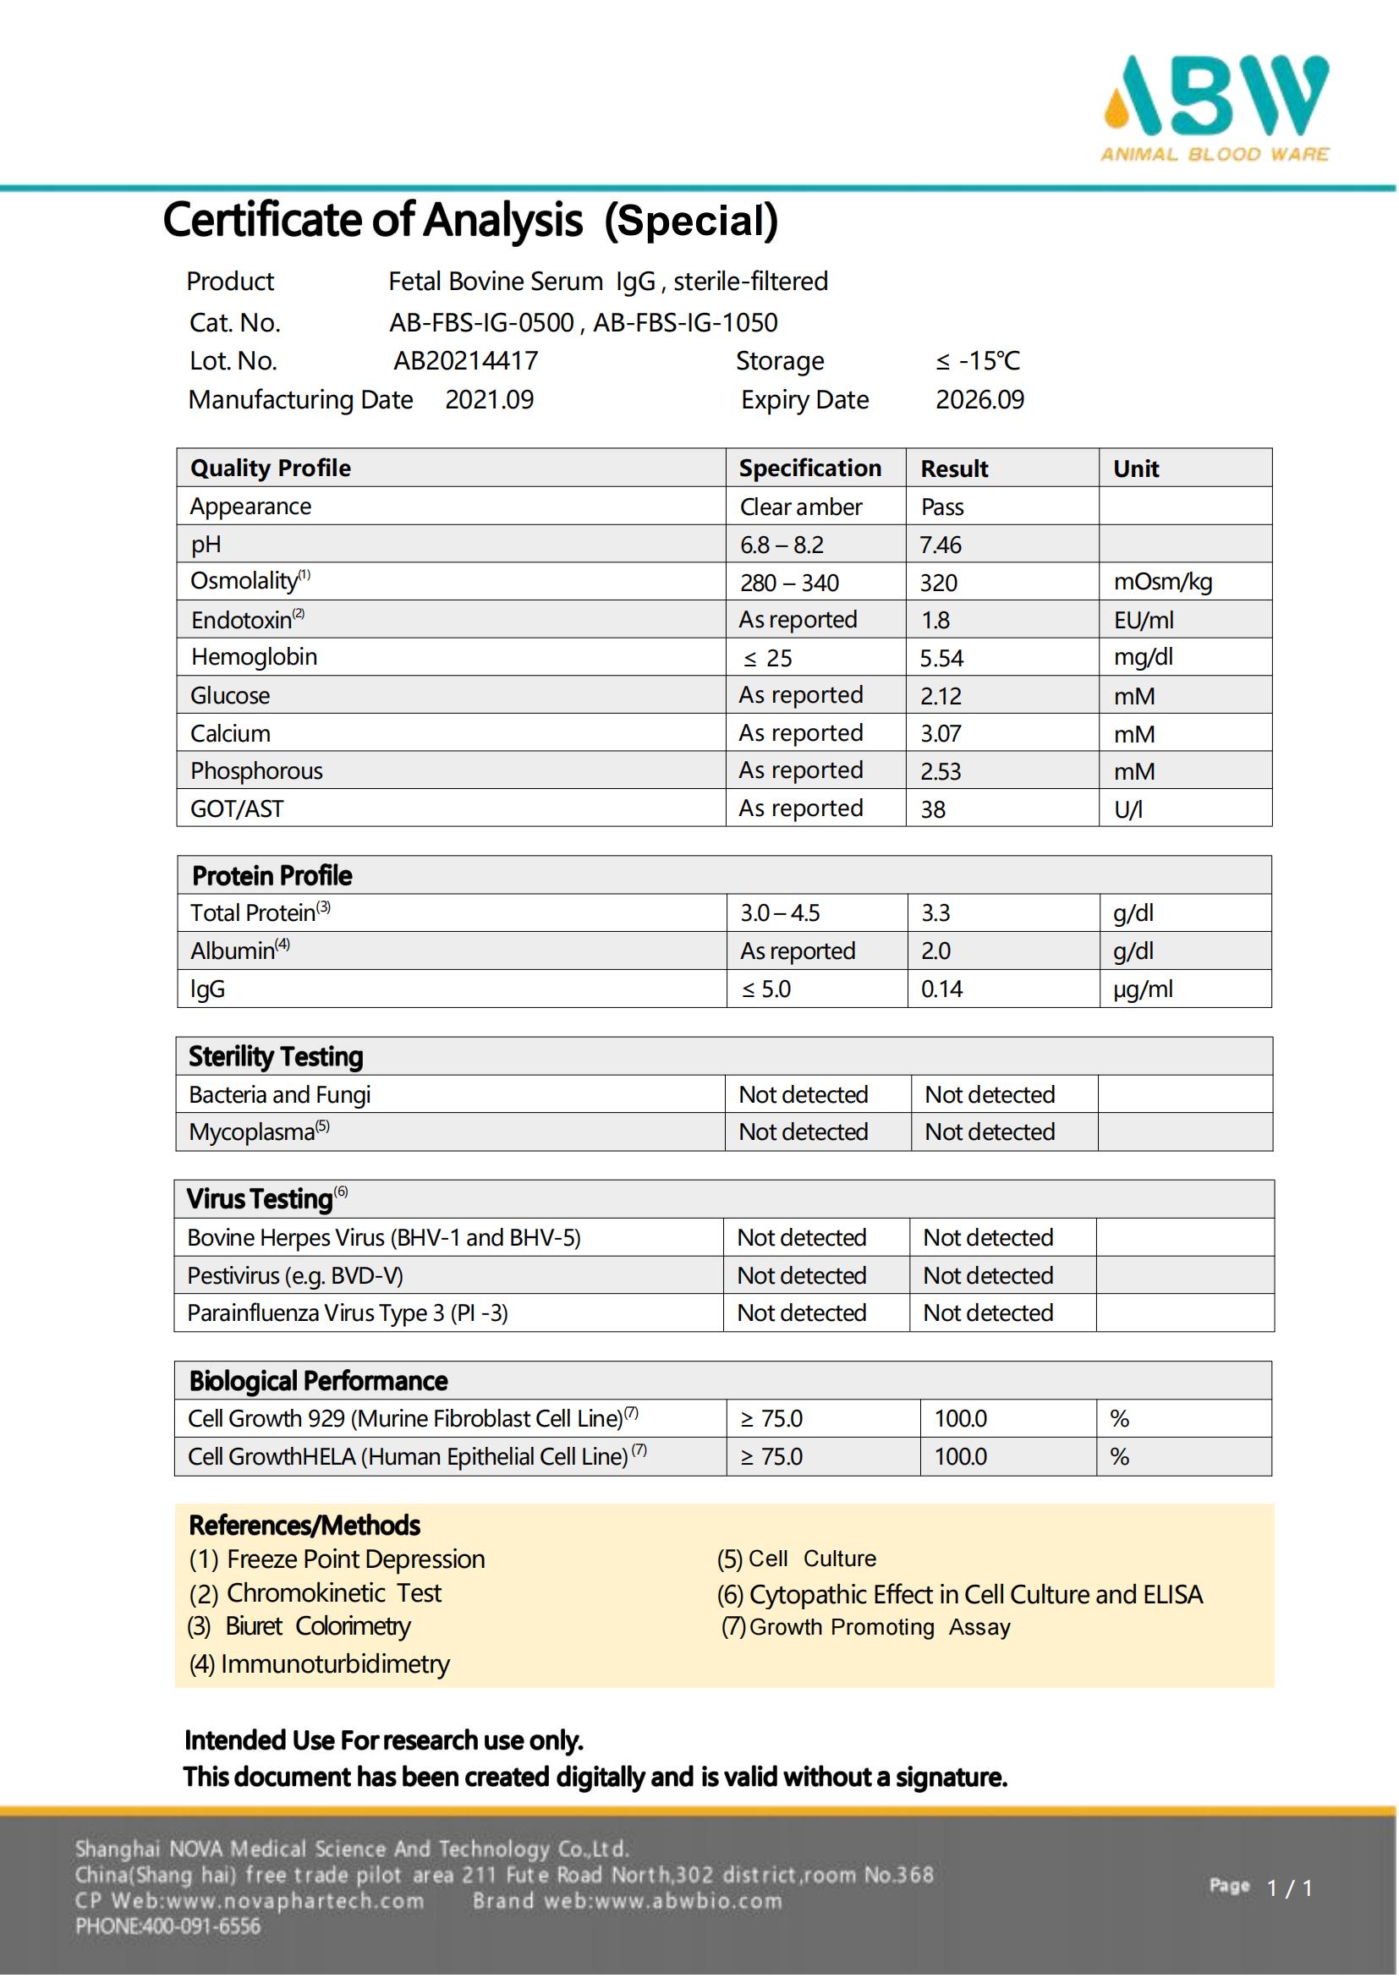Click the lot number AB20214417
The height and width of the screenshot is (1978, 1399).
pyautogui.click(x=466, y=361)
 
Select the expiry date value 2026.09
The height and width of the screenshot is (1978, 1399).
pyautogui.click(x=980, y=400)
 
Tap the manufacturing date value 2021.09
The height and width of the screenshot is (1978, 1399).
pyautogui.click(x=489, y=400)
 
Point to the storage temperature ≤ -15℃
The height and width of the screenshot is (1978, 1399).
pyautogui.click(x=978, y=361)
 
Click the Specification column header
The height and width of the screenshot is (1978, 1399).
pyautogui.click(x=809, y=468)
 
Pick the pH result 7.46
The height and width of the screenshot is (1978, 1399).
pyautogui.click(x=940, y=545)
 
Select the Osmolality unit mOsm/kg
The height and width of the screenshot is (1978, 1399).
pyautogui.click(x=1163, y=583)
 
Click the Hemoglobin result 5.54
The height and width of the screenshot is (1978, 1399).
pyautogui.click(x=941, y=659)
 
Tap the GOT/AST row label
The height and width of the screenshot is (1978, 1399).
pyautogui.click(x=237, y=809)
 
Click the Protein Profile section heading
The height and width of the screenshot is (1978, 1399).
pyautogui.click(x=272, y=876)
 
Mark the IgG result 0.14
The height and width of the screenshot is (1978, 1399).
pyautogui.click(x=941, y=990)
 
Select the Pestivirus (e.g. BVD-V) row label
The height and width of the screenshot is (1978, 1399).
pyautogui.click(x=294, y=1276)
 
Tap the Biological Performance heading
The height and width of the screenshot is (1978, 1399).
pyautogui.click(x=318, y=1382)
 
